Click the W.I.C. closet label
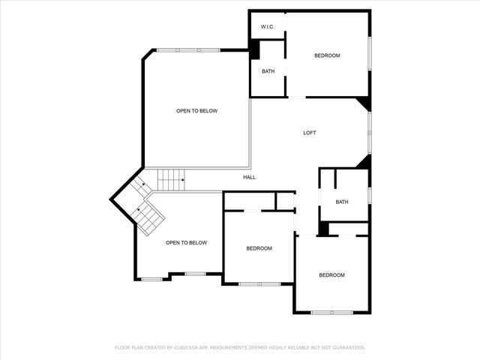pos(268,27)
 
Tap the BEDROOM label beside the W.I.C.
pos(327,55)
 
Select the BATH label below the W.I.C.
pos(268,71)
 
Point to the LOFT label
pos(309,133)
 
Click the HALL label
pos(249,177)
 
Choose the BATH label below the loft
pos(342,202)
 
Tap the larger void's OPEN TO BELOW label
pos(196,111)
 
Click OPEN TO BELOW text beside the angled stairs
pos(186,242)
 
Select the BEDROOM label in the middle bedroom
pos(259,248)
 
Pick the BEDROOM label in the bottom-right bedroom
pos(331,275)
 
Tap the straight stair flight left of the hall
pos(171,180)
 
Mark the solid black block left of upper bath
pos(254,49)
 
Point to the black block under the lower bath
pos(323,229)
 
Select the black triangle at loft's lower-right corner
pos(364,162)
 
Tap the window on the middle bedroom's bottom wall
pos(259,283)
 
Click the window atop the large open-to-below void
pos(188,50)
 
